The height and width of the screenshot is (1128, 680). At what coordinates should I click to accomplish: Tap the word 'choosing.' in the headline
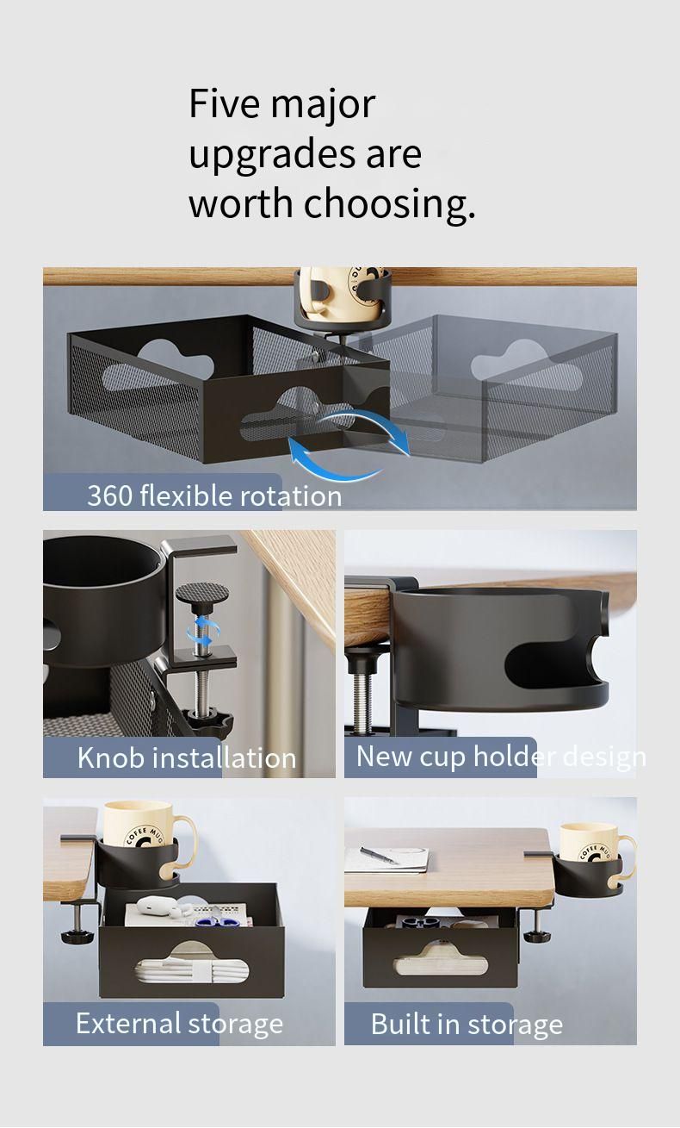pyautogui.click(x=390, y=205)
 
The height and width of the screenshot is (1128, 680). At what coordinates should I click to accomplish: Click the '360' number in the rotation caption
pyautogui.click(x=109, y=495)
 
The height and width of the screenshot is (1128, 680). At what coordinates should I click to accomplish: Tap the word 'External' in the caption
pyautogui.click(x=128, y=1023)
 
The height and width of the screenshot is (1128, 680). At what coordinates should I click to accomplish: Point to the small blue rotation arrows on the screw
pyautogui.click(x=201, y=632)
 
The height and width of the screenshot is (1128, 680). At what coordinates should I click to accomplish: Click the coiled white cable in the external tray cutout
pyautogui.click(x=192, y=970)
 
